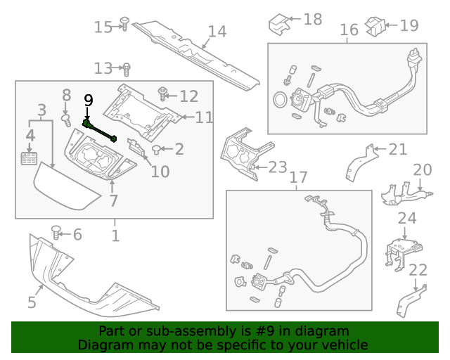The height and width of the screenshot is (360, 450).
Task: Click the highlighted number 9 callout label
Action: (x=88, y=100)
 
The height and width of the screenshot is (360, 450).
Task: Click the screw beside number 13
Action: (x=127, y=69)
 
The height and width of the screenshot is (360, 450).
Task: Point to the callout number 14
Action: (x=217, y=32)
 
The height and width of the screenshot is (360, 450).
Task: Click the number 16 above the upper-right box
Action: (x=349, y=30)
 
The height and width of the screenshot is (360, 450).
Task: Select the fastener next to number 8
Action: (x=67, y=120)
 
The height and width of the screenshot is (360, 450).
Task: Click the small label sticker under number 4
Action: (x=29, y=157)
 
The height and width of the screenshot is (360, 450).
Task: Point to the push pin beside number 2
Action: (x=158, y=148)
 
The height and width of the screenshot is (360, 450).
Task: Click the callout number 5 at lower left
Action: (x=32, y=302)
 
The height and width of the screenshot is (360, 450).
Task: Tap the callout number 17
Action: (x=298, y=177)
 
